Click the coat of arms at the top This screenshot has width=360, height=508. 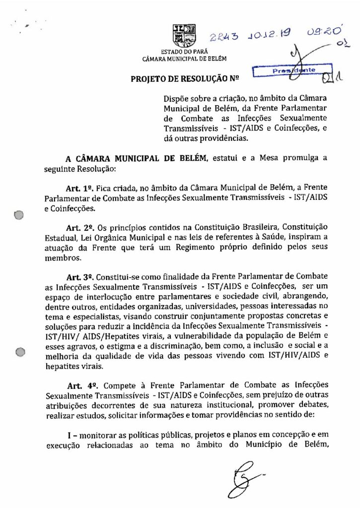tap(184, 36)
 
